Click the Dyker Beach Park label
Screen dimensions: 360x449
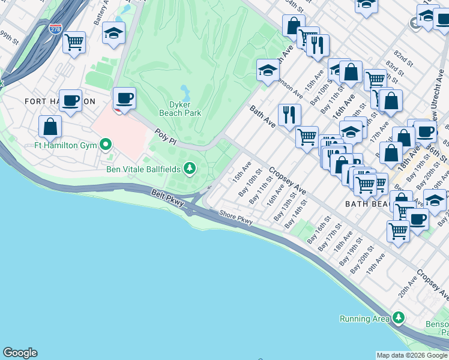click(x=180, y=108)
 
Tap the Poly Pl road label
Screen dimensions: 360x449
click(x=164, y=137)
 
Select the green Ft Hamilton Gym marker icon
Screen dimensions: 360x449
click(x=106, y=144)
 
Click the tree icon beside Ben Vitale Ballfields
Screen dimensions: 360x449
click(x=190, y=168)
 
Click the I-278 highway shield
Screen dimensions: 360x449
click(x=55, y=29)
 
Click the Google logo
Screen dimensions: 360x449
click(x=20, y=353)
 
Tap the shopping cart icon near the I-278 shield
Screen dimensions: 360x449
click(x=74, y=43)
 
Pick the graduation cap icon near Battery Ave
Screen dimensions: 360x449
click(x=113, y=34)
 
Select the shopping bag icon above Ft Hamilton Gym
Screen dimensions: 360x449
click(x=50, y=127)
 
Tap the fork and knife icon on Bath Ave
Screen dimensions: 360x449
click(x=289, y=114)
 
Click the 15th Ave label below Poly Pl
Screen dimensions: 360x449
click(x=242, y=170)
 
